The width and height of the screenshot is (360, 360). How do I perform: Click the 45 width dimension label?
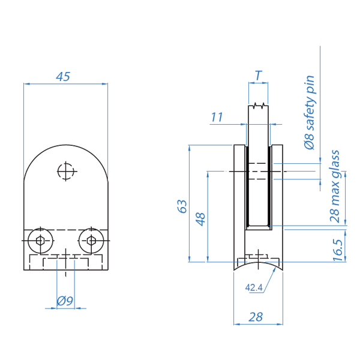coord(64,76)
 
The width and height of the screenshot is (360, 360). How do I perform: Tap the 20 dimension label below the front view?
coord(65,301)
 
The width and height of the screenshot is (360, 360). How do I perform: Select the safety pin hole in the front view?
coord(65,172)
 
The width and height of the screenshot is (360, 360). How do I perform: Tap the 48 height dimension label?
coord(202,217)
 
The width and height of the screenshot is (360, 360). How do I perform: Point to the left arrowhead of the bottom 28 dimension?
coord(235,324)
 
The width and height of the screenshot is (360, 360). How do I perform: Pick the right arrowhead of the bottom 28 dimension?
coord(280,324)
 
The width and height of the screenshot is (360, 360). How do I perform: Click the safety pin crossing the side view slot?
coord(258,172)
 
